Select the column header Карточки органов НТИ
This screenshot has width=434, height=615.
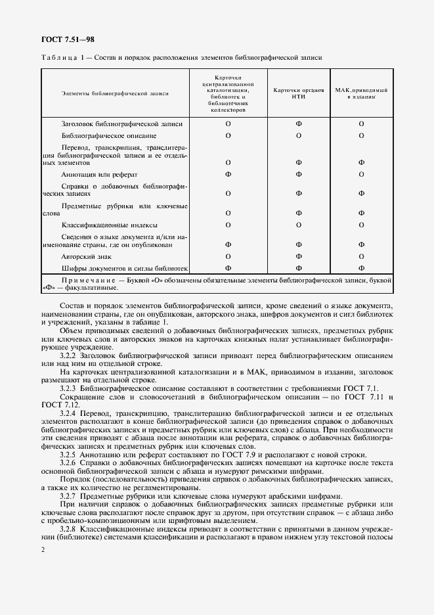pyautogui.click(x=298, y=93)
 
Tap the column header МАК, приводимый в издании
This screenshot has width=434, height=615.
pyautogui.click(x=361, y=93)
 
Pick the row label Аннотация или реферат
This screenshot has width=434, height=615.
pyautogui.click(x=99, y=174)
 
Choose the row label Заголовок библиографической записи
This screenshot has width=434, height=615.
pyautogui.click(x=121, y=124)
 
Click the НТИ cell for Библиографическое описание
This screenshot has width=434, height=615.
pyautogui.click(x=298, y=135)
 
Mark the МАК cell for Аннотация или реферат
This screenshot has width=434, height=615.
pyautogui.click(x=361, y=174)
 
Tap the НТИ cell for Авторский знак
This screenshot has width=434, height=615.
pyautogui.click(x=298, y=256)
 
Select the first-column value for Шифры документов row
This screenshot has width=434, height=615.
pyautogui.click(x=228, y=268)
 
